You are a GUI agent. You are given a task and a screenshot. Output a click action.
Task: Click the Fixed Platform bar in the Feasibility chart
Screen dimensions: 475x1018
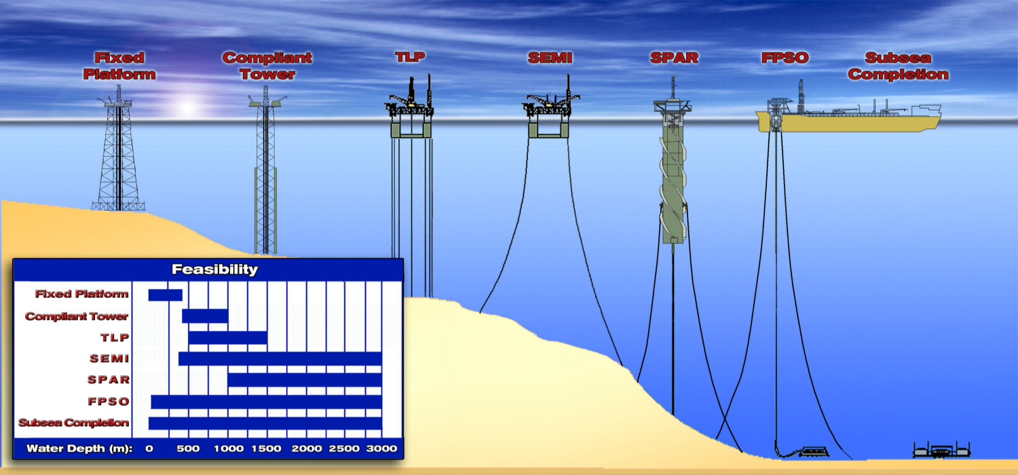click(165, 294)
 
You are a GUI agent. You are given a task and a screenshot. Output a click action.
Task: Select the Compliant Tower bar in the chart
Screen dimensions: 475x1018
click(205, 316)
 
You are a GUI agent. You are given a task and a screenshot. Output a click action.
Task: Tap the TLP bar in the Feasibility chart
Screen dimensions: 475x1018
click(227, 337)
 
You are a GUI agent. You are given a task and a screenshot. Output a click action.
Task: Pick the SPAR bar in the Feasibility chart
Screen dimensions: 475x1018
click(305, 379)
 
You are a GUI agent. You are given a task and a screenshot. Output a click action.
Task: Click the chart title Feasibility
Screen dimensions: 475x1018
click(214, 269)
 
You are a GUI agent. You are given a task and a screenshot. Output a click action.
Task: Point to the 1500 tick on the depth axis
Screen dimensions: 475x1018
click(267, 448)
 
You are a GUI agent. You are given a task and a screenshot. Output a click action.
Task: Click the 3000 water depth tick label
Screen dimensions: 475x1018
click(382, 448)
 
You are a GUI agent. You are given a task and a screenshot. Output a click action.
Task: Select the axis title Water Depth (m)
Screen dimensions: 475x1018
click(79, 448)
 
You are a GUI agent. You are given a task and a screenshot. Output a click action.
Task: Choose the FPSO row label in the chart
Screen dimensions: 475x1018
click(108, 401)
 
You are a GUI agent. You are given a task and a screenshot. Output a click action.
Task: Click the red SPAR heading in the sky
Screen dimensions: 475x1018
click(674, 58)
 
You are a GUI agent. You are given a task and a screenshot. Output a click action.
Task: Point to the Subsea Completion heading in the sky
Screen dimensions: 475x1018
click(898, 66)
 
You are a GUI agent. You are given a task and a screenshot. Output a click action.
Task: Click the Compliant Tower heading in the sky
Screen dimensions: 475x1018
click(267, 66)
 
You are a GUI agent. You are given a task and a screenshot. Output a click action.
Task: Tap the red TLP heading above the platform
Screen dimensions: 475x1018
click(410, 57)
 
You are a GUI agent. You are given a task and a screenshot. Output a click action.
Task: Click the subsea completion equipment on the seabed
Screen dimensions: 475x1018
click(941, 450)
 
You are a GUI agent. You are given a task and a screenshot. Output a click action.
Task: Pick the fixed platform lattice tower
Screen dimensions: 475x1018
click(119, 159)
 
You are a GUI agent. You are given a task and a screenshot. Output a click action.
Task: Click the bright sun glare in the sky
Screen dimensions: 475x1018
click(187, 107)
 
